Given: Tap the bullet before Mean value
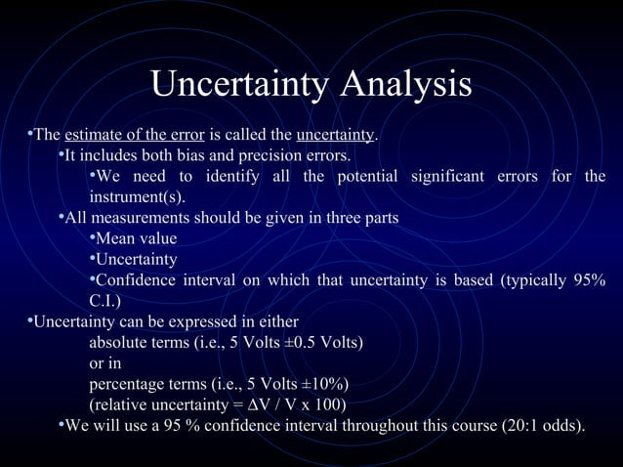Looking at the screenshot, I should pos(92,238).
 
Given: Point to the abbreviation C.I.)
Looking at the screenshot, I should pos(106,300).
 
